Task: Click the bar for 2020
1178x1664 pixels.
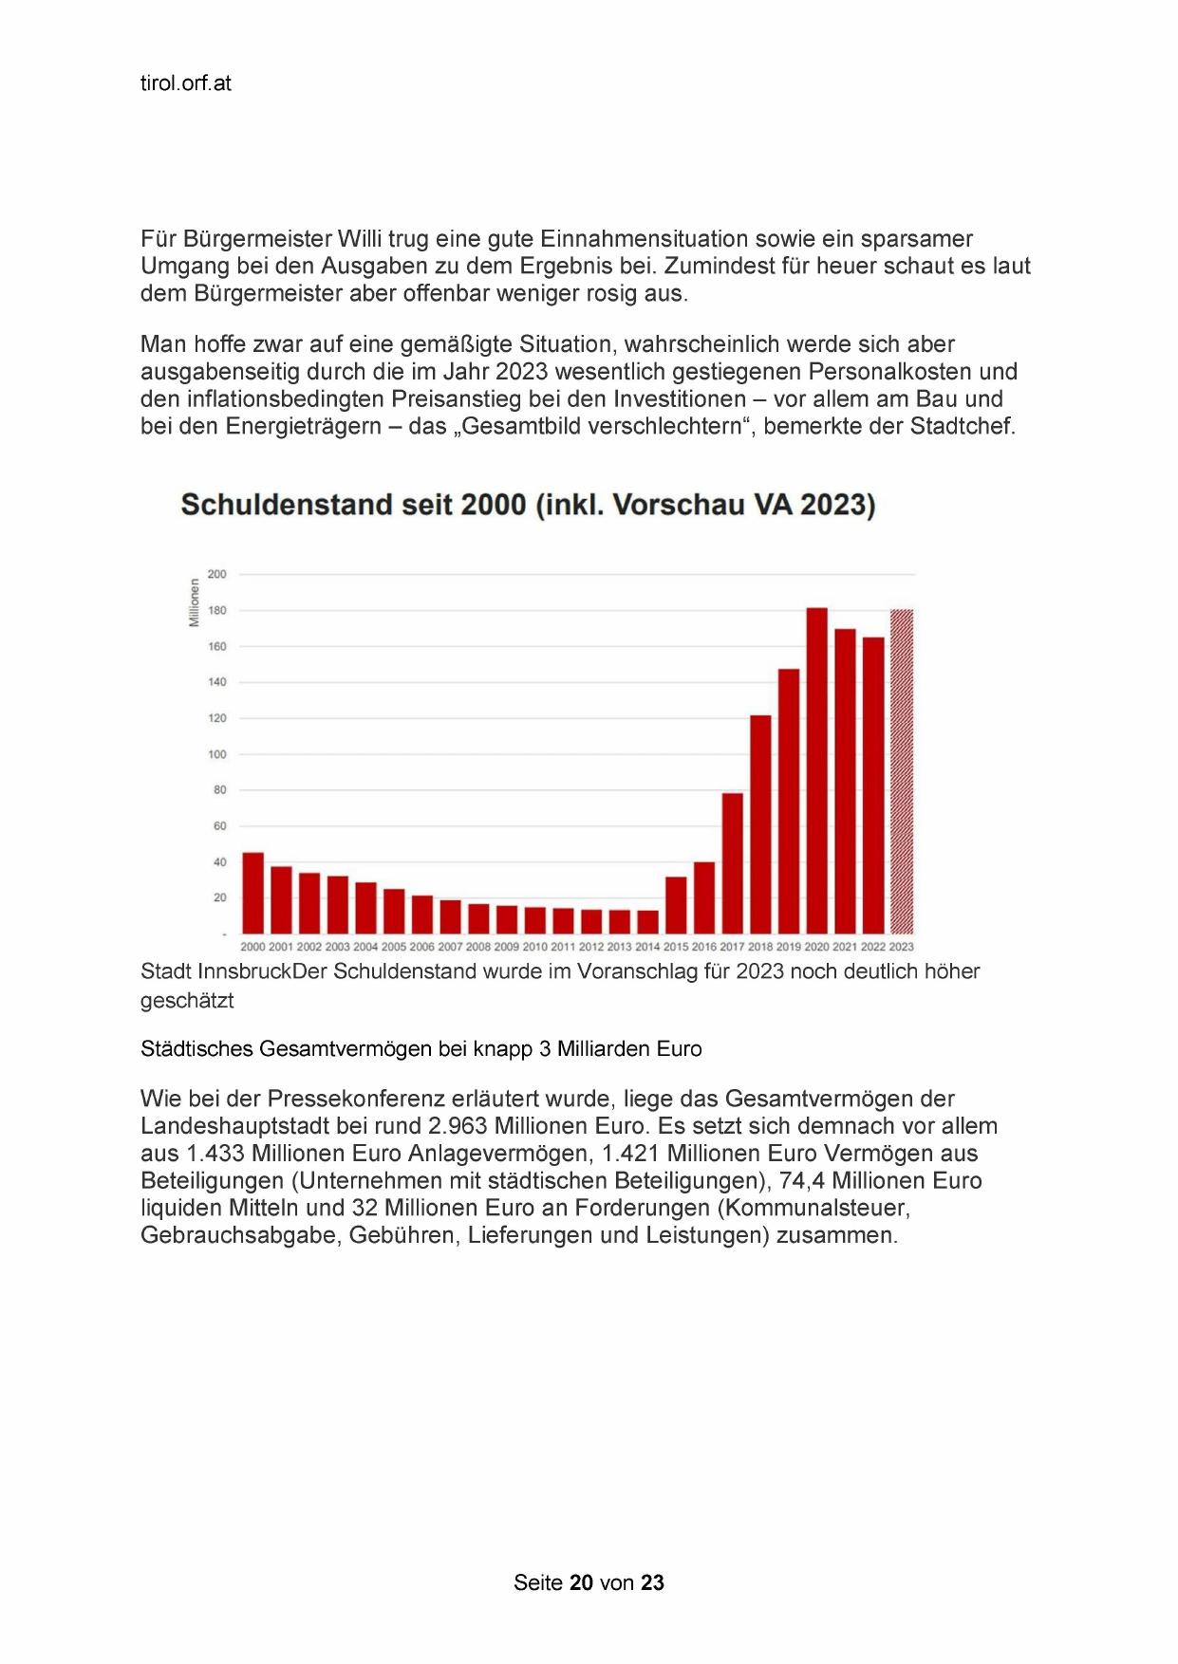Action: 816,770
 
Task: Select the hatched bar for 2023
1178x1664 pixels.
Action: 901,771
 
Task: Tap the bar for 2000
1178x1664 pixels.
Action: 252,893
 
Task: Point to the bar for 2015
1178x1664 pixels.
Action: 676,905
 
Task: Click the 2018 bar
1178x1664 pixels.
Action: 760,824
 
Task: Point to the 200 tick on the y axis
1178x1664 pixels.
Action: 217,574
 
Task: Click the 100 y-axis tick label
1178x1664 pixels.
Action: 217,754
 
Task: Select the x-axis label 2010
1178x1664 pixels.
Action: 535,947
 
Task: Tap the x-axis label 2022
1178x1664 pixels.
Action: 873,947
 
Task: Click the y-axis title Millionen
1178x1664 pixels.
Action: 195,602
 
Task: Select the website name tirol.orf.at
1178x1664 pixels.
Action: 186,83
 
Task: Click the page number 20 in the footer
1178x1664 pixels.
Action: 582,1582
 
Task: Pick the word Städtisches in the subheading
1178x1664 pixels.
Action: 196,1049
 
